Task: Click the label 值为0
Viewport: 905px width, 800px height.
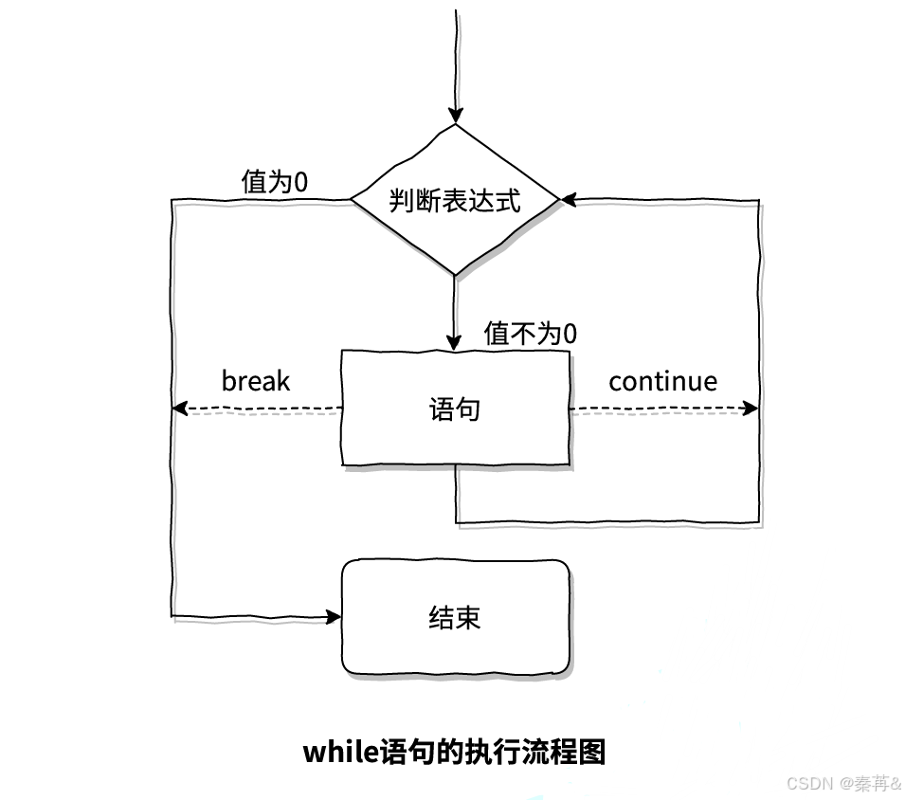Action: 275,181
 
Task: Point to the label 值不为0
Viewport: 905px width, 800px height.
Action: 531,334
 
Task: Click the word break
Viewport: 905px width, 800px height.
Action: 255,381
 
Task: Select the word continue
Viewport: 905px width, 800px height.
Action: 662,381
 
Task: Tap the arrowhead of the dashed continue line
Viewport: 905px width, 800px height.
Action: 751,409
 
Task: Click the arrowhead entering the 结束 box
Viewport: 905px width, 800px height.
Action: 334,617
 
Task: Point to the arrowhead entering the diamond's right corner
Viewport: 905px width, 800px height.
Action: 569,200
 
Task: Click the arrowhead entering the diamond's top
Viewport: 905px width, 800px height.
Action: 456,116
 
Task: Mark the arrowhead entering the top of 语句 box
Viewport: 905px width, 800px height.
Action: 456,342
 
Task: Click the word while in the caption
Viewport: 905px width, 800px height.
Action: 340,752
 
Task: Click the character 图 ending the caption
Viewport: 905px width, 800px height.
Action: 593,753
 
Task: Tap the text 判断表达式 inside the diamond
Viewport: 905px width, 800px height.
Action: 455,201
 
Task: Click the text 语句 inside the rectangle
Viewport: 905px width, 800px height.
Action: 455,409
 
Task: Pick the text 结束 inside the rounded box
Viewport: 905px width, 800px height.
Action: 455,617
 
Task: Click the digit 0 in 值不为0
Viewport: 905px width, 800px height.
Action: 570,334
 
